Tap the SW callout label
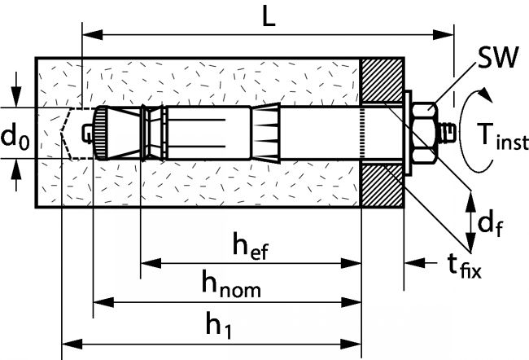(x=494, y=59)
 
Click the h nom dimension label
(x=231, y=285)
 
